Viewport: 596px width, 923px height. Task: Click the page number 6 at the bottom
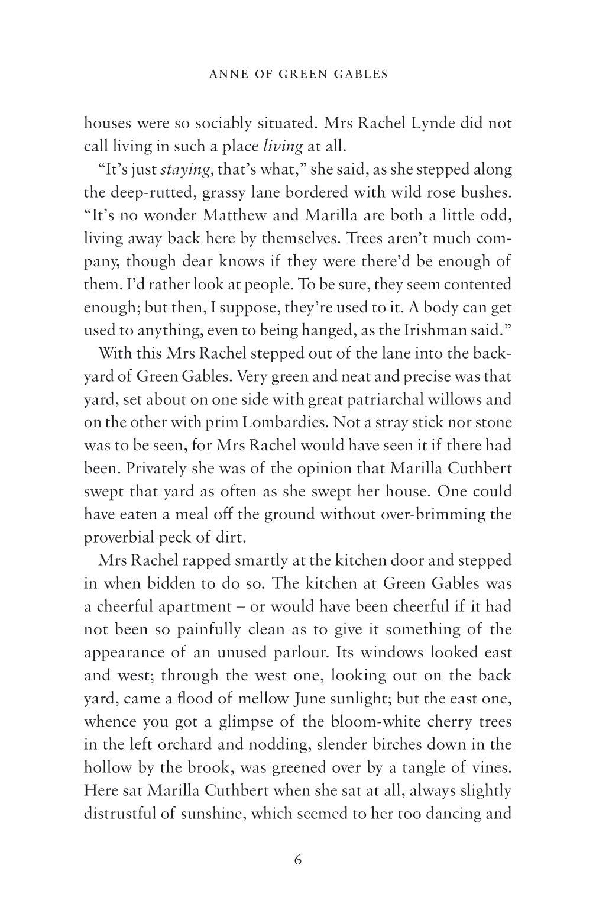(x=297, y=860)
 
